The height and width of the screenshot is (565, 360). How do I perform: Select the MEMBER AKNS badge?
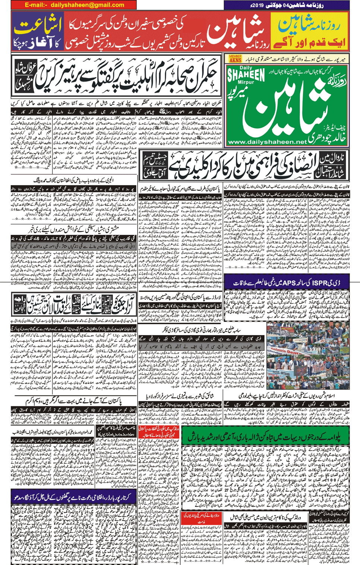click(235, 59)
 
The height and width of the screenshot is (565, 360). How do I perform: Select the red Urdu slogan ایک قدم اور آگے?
click(310, 42)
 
